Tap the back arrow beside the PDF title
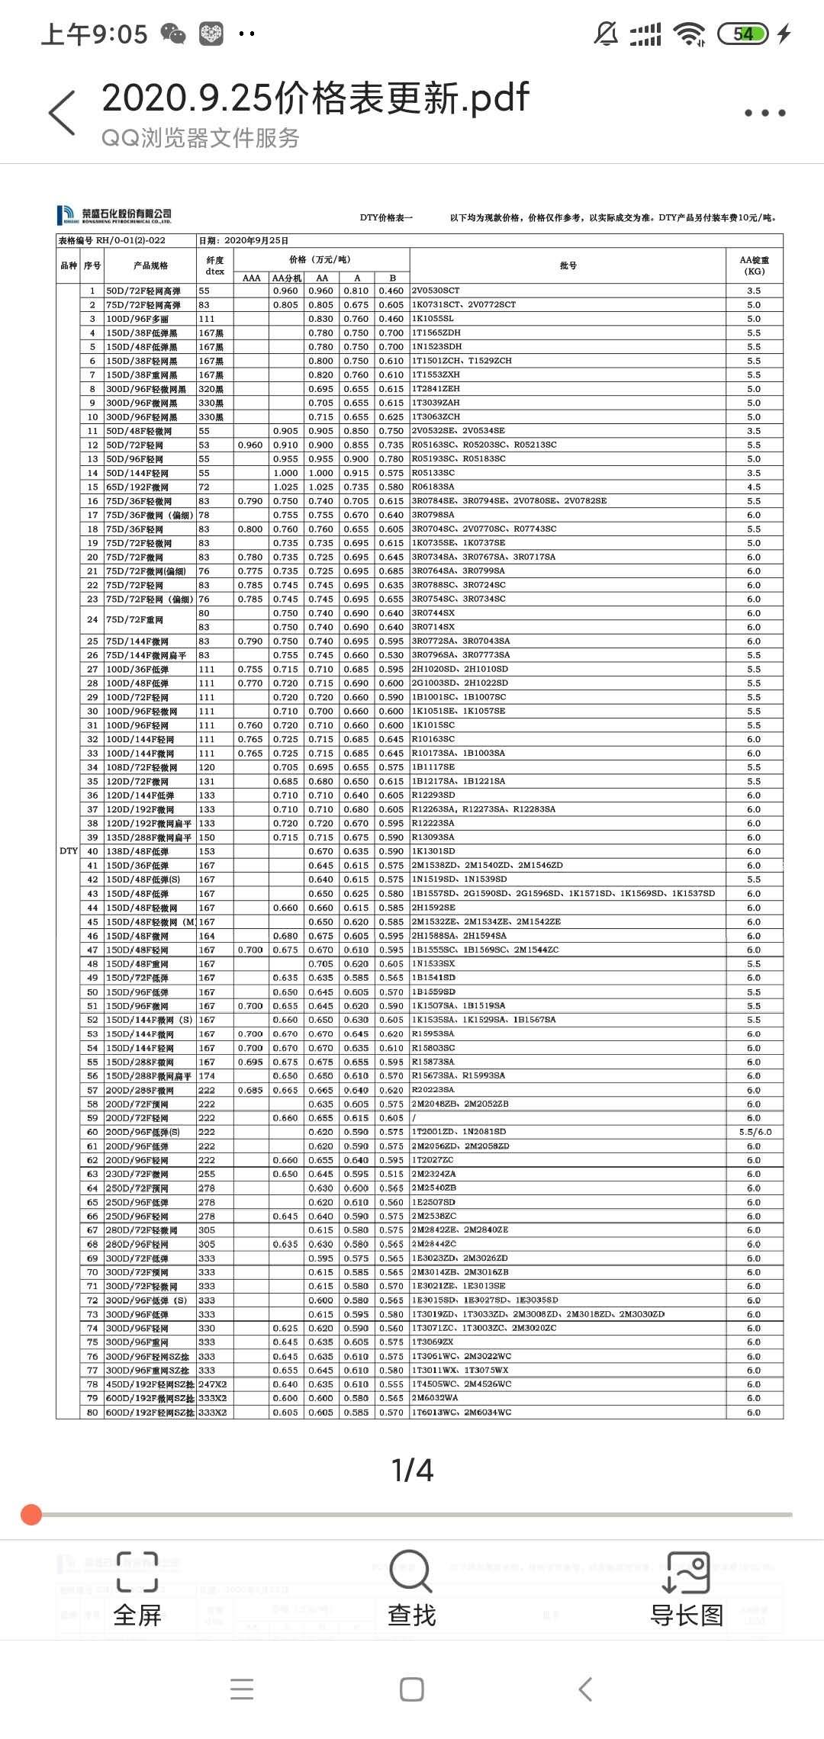(62, 113)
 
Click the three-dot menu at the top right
(764, 113)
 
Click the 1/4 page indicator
(412, 1471)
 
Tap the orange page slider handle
(31, 1515)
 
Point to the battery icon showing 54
(742, 34)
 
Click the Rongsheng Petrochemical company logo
(115, 215)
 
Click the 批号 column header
(568, 265)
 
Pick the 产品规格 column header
(150, 265)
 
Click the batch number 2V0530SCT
(436, 291)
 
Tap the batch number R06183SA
(433, 487)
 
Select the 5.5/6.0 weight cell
(755, 1132)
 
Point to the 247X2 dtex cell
(213, 1384)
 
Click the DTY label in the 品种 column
(69, 851)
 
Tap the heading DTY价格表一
(386, 217)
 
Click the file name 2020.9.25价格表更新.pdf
(315, 98)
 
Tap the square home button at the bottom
(412, 1689)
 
